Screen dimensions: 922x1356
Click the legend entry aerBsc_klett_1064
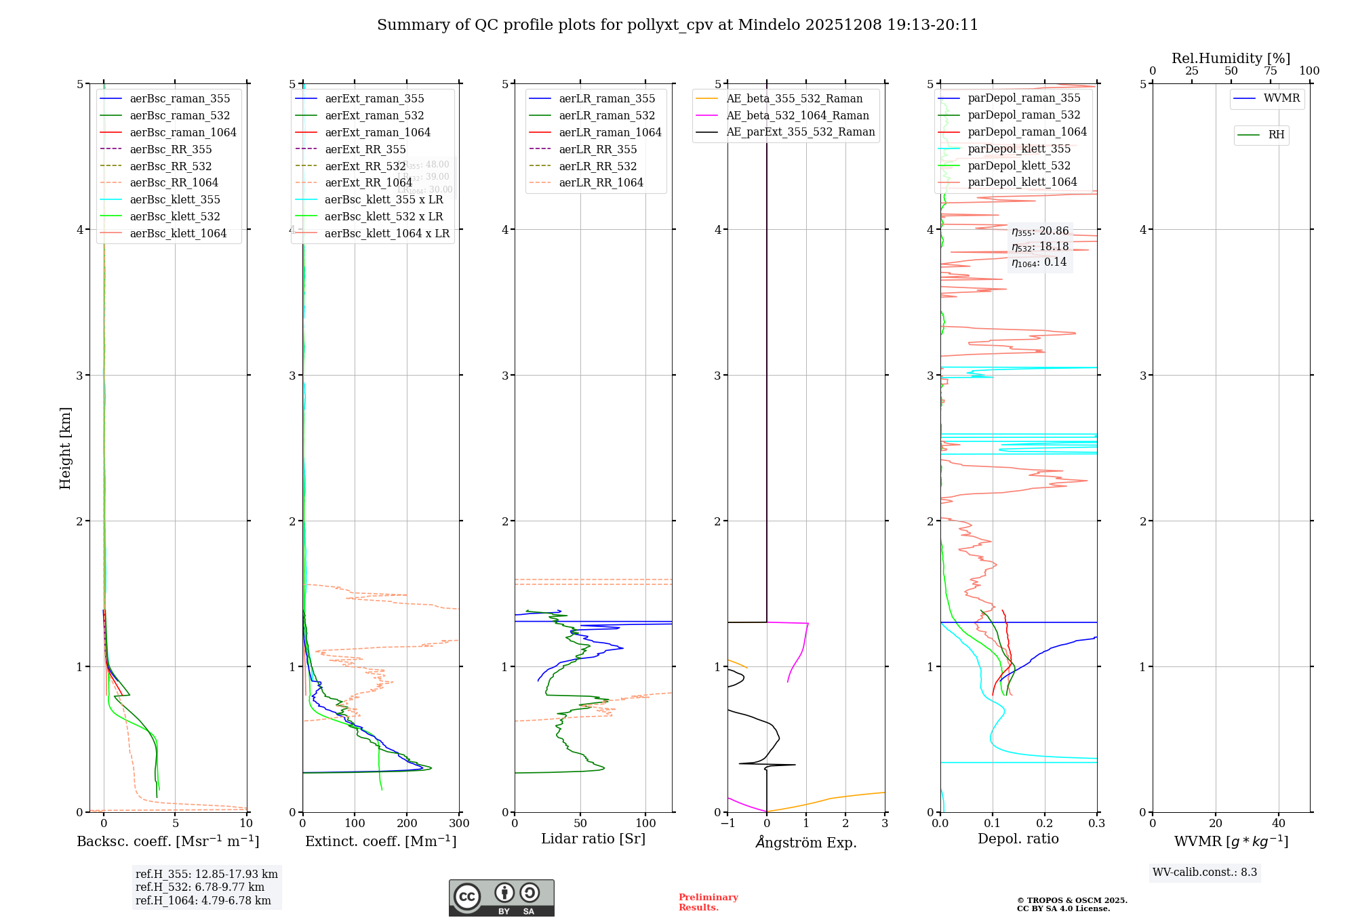coord(178,233)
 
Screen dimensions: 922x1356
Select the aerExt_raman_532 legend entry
coord(374,115)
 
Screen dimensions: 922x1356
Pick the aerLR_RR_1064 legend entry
coord(601,182)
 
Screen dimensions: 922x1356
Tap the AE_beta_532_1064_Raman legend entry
coord(797,115)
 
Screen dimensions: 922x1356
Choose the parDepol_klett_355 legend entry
coord(1019,148)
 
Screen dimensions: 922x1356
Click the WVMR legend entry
coord(1281,98)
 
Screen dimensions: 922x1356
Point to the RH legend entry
coord(1276,135)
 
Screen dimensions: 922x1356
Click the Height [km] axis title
coord(65,447)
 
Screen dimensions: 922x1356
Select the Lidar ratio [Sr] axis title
coord(593,839)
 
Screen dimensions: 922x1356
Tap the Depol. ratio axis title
coord(1018,839)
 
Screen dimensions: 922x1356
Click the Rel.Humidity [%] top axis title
coord(1231,58)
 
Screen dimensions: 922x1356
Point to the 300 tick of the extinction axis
coord(459,824)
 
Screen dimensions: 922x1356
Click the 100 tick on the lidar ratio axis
coord(645,824)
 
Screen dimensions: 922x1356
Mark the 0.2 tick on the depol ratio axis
coord(1045,824)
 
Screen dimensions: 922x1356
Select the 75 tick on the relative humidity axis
coord(1270,71)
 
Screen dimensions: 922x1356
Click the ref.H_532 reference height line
coord(199,887)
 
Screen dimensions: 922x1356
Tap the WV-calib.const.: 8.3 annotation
coord(1205,873)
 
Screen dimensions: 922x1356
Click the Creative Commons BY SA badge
coord(501,898)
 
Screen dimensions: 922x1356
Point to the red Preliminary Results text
coord(708,902)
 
